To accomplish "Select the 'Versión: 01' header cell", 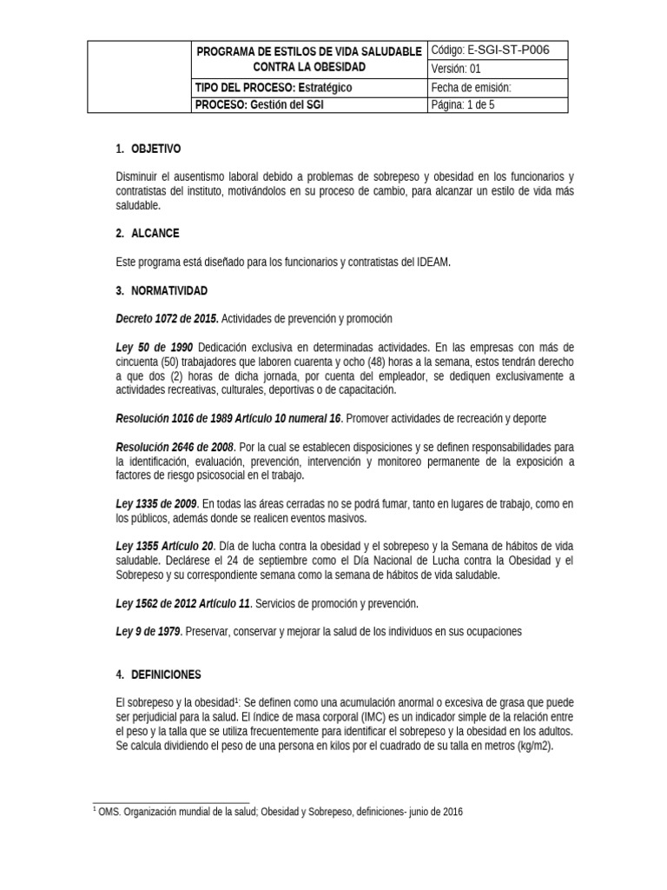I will pyautogui.click(x=498, y=70).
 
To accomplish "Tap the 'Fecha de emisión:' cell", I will pyautogui.click(x=498, y=88).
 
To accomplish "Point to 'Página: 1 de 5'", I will pyautogui.click(x=498, y=105).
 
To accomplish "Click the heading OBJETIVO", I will pyautogui.click(x=155, y=149).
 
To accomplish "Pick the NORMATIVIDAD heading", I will pyautogui.click(x=169, y=289).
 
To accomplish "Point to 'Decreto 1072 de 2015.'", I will pyautogui.click(x=167, y=319).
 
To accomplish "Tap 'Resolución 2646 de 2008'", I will pyautogui.click(x=175, y=447).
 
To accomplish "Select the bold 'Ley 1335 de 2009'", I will pyautogui.click(x=156, y=504).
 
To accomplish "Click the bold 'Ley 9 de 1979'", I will pyautogui.click(x=149, y=632).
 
